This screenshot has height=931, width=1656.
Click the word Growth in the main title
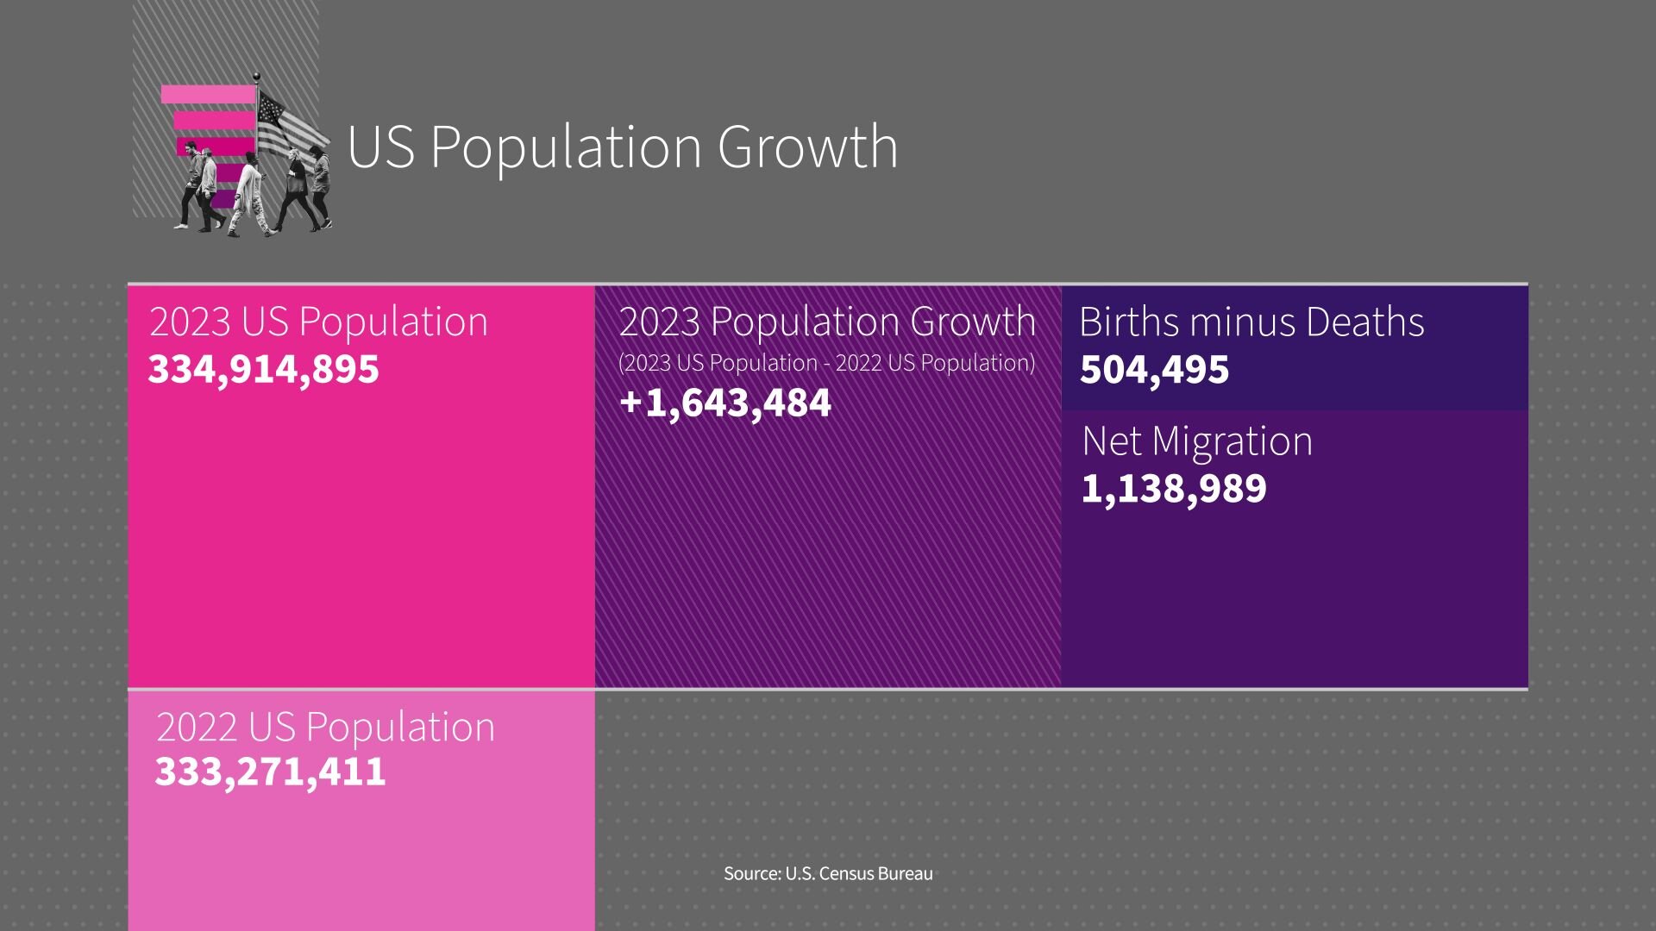point(807,147)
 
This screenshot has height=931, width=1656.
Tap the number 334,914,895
point(263,369)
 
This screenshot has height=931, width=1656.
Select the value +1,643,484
point(724,403)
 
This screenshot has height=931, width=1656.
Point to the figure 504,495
point(1154,369)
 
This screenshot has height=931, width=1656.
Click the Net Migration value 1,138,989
point(1173,488)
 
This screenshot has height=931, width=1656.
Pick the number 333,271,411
point(270,771)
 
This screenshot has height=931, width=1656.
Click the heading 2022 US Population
point(325,727)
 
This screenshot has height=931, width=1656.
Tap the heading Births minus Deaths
point(1251,322)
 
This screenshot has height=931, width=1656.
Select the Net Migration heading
point(1197,441)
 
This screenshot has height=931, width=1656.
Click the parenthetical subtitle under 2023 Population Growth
point(826,363)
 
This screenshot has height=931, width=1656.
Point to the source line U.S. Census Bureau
point(828,873)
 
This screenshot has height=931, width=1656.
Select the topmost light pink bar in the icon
point(208,94)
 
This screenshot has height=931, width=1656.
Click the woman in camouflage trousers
point(249,194)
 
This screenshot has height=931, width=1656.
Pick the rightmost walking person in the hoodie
point(320,185)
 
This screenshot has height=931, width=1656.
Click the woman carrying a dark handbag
point(296,190)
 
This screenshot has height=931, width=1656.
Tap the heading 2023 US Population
point(318,322)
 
